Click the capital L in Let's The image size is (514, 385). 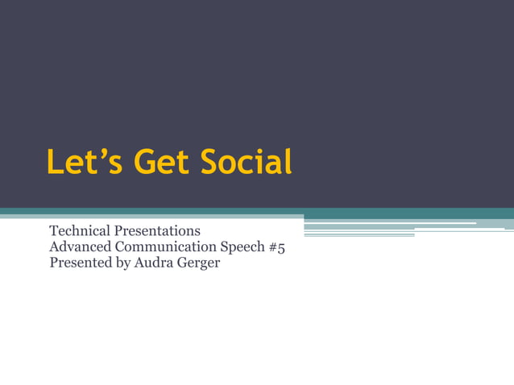pos(55,162)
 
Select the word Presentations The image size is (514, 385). pos(156,232)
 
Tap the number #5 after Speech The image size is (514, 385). pos(276,247)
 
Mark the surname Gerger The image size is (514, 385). pos(197,263)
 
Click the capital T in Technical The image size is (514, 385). pos(54,232)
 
